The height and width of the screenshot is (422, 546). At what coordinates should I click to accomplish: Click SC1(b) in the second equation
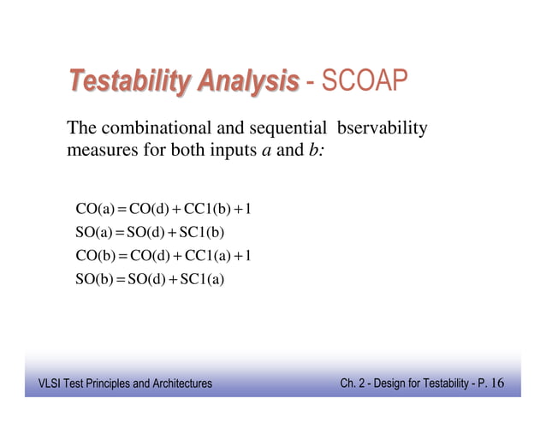tap(200, 231)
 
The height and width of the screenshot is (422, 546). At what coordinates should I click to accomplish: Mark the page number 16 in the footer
tap(498, 383)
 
